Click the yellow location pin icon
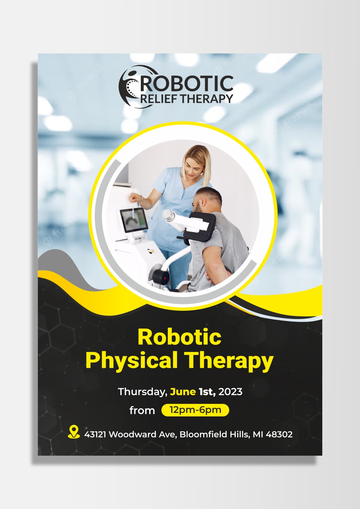coord(74,432)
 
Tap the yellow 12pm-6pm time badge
coord(195,410)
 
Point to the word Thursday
coord(142,392)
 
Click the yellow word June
coord(183,392)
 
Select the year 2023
coord(230,392)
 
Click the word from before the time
coord(142,410)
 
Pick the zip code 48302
coord(279,434)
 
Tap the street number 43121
coord(95,434)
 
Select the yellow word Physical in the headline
coord(132,360)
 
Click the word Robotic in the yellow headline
coord(179,337)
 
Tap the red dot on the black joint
coord(165,277)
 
